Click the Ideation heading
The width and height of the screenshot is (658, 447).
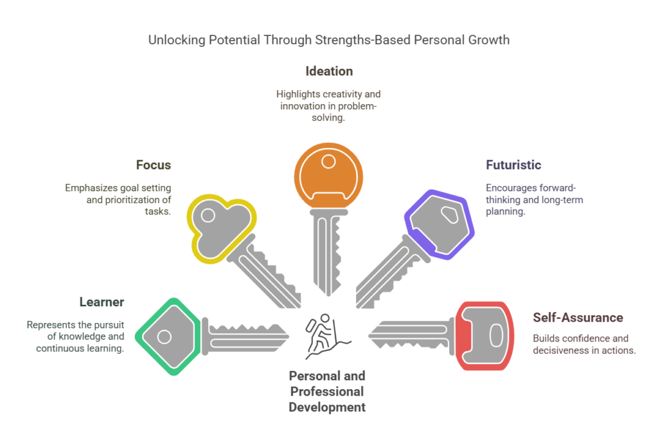[x=329, y=71]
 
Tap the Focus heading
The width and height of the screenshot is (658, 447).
[x=154, y=165]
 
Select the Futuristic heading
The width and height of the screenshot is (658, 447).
[x=513, y=165]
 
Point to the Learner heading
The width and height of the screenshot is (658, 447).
[x=102, y=302]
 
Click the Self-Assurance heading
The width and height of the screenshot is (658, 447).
[x=578, y=318]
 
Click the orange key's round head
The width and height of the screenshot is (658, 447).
[x=328, y=176]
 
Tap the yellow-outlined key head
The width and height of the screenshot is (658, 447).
[x=221, y=228]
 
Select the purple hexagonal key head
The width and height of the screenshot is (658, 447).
[x=440, y=224]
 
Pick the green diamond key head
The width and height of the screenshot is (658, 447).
[x=168, y=336]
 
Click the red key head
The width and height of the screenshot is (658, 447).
[x=485, y=336]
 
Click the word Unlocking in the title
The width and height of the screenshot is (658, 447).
[x=177, y=40]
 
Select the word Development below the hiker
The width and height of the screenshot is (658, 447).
[x=327, y=408]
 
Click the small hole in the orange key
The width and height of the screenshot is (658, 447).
[x=328, y=161]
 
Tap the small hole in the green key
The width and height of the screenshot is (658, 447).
[x=164, y=336]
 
